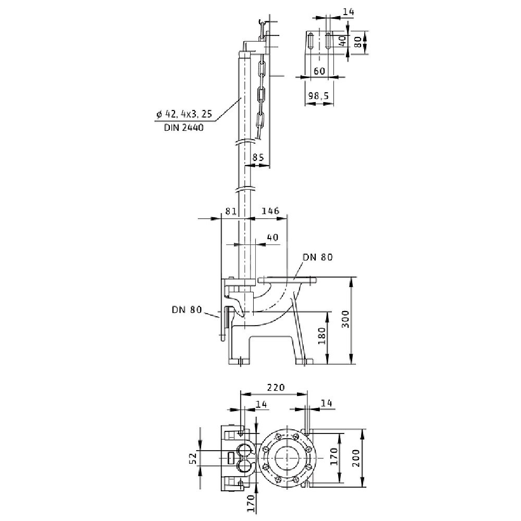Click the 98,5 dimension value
tap(318, 96)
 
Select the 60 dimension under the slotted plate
tap(319, 71)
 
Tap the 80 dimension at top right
tap(358, 42)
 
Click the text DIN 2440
tap(184, 128)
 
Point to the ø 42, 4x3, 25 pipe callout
tap(184, 114)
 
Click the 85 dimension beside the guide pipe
tap(258, 157)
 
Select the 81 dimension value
tap(231, 211)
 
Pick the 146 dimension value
tap(270, 211)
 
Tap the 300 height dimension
tap(345, 319)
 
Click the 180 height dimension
tap(322, 336)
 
